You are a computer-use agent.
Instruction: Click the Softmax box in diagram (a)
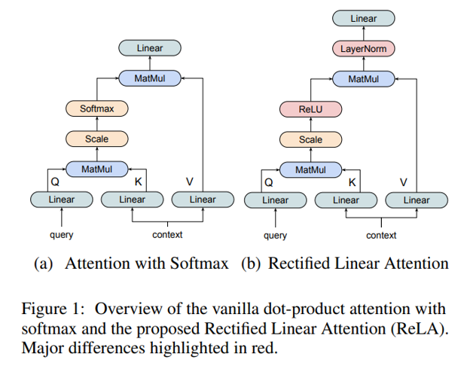96,108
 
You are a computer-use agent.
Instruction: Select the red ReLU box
310,109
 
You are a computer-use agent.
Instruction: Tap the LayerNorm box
363,49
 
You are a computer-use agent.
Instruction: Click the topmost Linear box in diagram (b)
363,18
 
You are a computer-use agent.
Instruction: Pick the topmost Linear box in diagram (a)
149,48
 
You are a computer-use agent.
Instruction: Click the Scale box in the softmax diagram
96,139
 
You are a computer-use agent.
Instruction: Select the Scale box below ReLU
310,139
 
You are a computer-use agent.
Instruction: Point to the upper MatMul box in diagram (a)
149,78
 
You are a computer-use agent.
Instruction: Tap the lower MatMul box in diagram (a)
96,169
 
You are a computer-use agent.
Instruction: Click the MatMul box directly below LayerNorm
363,79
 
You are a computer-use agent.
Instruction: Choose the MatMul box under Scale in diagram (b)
310,170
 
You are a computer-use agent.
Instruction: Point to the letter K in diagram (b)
352,182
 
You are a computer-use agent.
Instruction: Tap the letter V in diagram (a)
189,181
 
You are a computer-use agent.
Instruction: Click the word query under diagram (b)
275,235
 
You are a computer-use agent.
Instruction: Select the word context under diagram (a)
167,234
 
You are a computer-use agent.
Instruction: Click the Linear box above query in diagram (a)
62,200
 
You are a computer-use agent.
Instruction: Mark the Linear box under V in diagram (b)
417,200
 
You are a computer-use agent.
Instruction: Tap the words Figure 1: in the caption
57,309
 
